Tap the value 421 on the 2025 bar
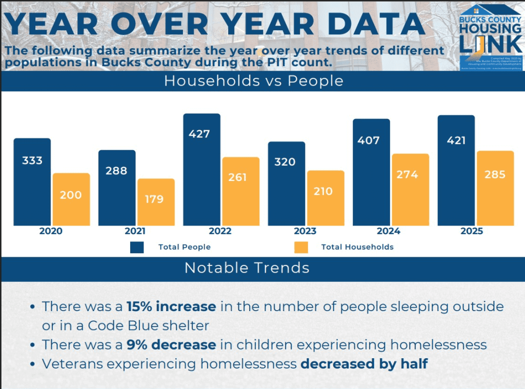click(456, 140)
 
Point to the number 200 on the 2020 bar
click(71, 195)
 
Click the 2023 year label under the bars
click(305, 231)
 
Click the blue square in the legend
click(137, 247)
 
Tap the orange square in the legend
click(301, 247)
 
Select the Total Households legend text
click(357, 247)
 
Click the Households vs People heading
click(253, 81)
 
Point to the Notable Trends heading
click(247, 268)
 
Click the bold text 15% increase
click(171, 306)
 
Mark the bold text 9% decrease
click(171, 344)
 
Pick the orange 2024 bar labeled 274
click(411, 190)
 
